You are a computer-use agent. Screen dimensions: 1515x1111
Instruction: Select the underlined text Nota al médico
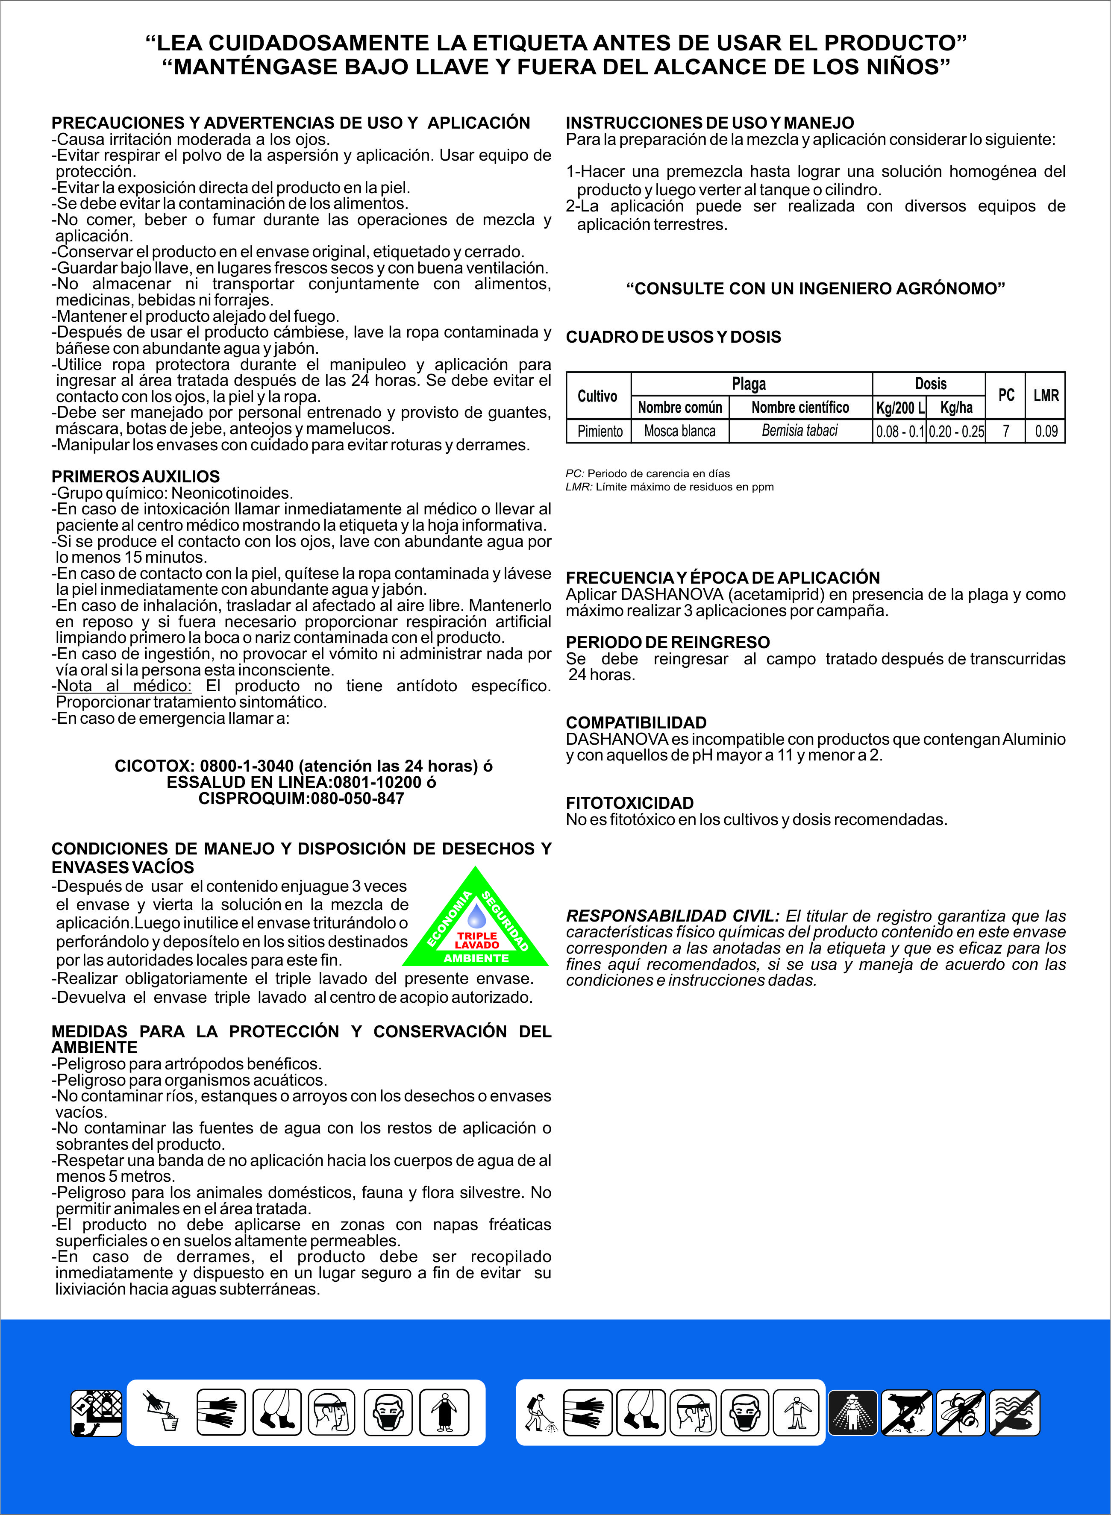pos(124,686)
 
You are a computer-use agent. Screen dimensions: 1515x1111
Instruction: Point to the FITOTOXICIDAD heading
pos(629,803)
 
